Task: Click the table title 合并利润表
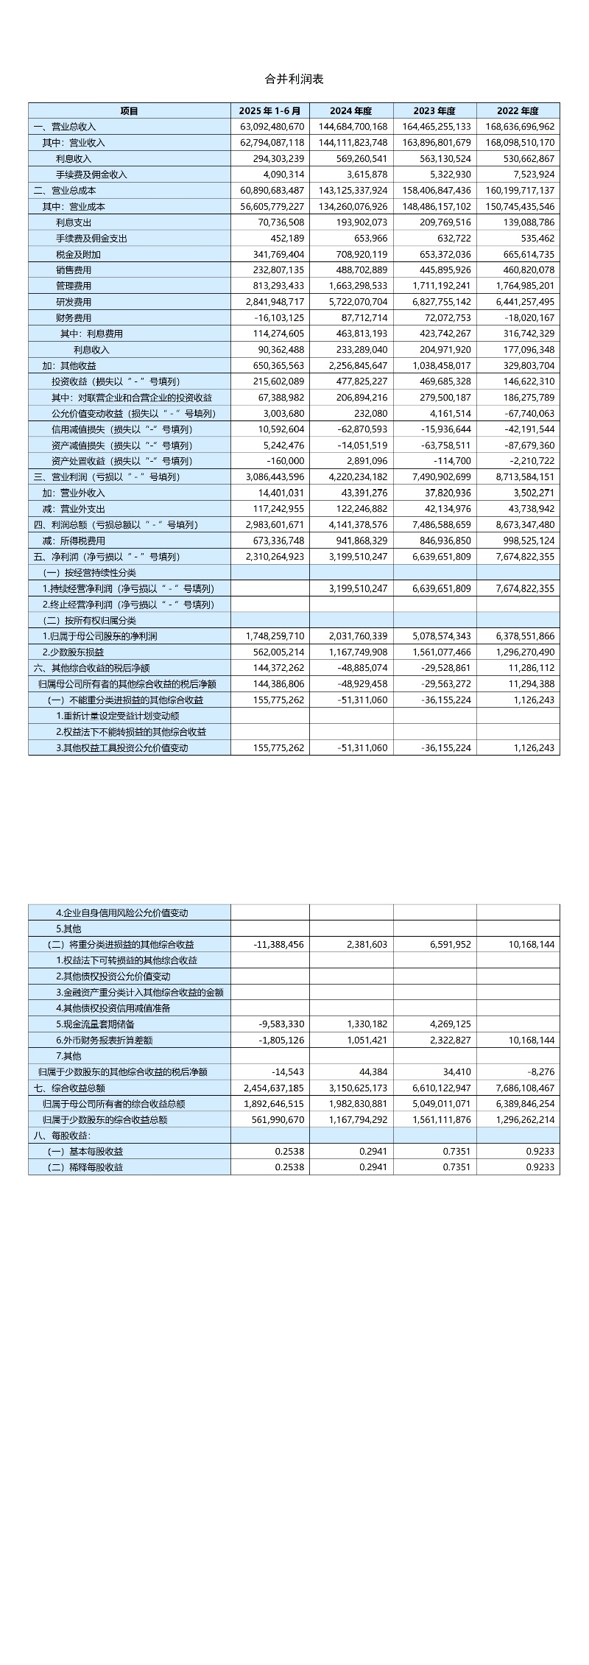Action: (x=294, y=79)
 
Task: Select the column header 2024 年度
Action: (x=351, y=110)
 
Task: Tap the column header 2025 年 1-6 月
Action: (x=270, y=110)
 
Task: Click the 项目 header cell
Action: (x=130, y=110)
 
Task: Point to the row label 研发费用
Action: (x=74, y=302)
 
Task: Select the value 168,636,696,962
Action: (x=520, y=127)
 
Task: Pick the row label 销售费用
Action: (x=74, y=270)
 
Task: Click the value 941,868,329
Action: (x=356, y=541)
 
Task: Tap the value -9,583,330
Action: (x=281, y=1024)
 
